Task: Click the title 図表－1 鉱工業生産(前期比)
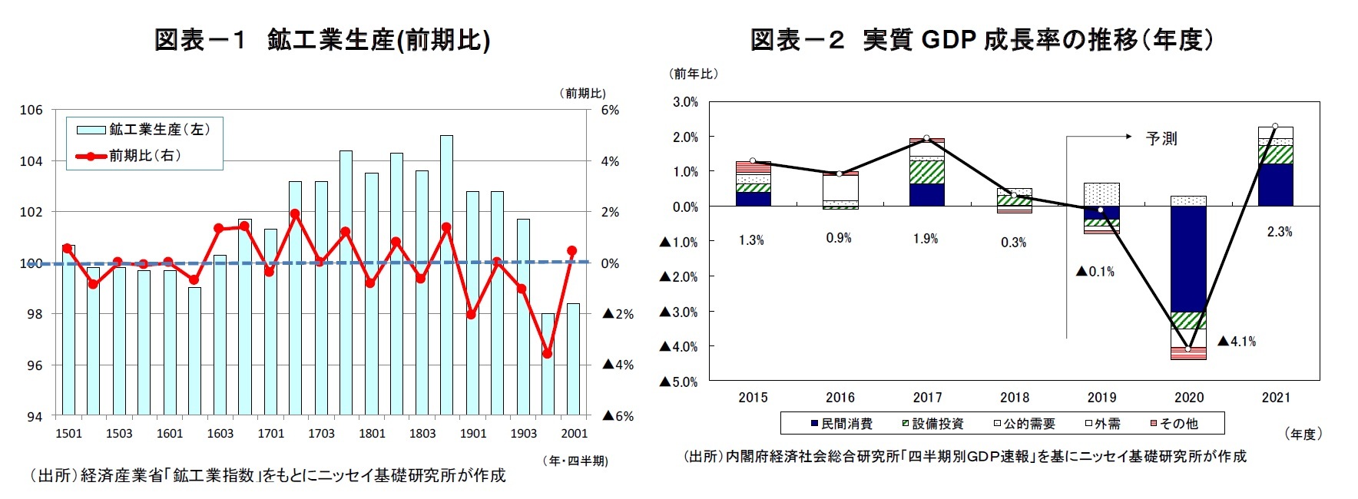coord(322,40)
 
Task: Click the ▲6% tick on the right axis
coord(618,416)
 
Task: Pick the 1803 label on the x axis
coord(422,434)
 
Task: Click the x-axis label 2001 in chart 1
coord(574,434)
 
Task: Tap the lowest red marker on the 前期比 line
coord(548,354)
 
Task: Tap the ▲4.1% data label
coord(1237,342)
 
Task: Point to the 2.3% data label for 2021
coord(1279,232)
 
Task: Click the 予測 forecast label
coord(1161,139)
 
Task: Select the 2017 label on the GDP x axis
coord(927,398)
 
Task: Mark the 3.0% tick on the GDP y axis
coord(685,102)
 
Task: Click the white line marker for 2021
coord(1275,127)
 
